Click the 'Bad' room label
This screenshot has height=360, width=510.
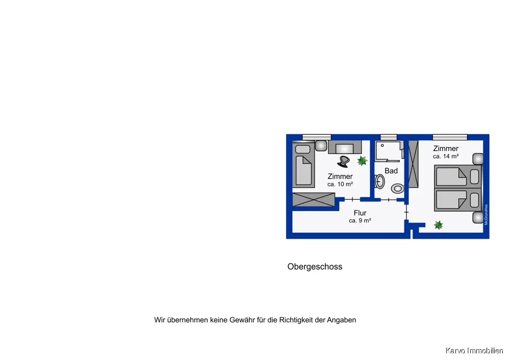(391, 171)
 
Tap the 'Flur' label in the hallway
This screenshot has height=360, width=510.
(360, 213)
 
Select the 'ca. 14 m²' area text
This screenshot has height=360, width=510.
(446, 157)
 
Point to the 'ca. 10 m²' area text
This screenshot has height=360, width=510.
(340, 184)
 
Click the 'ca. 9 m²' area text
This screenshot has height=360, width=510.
(360, 221)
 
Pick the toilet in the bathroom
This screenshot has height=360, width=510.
(397, 188)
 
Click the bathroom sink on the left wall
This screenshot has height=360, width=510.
(379, 181)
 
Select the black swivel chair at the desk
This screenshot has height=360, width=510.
(343, 161)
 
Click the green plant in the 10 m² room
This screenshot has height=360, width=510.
(362, 161)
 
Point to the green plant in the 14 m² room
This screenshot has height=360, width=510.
(438, 224)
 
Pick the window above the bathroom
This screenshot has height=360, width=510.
(389, 136)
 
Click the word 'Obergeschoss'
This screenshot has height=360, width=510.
(315, 267)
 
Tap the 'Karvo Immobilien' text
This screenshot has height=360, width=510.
(474, 351)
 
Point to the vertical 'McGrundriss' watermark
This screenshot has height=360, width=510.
(487, 215)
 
